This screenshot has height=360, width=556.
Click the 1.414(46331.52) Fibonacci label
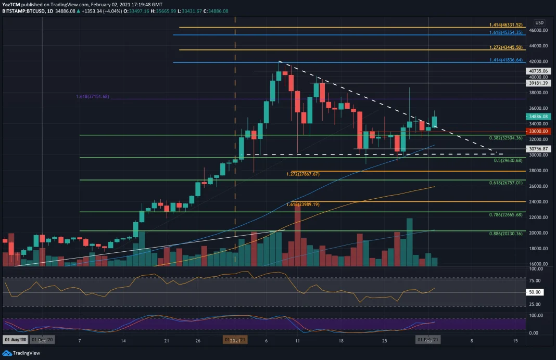505,25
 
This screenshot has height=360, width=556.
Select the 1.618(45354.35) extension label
505,33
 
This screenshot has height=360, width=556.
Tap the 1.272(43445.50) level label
505,48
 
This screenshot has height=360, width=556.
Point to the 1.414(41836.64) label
505,60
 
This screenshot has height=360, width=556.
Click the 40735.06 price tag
539,71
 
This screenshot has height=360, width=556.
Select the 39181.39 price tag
539,83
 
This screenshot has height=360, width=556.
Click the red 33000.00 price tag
539,132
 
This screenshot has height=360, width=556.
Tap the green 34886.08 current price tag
539,117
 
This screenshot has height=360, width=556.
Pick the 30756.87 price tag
539,149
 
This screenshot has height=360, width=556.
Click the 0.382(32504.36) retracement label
505,138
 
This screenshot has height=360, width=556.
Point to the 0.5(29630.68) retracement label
507,160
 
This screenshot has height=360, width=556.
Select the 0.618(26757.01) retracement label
505,183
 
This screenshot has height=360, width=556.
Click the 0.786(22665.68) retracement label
505,215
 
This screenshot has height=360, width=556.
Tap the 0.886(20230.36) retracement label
505,234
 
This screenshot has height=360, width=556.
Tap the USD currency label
539,22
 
